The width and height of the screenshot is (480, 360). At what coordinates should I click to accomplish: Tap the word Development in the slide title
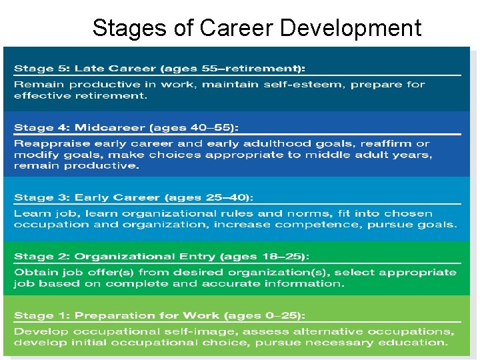coord(351,28)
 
